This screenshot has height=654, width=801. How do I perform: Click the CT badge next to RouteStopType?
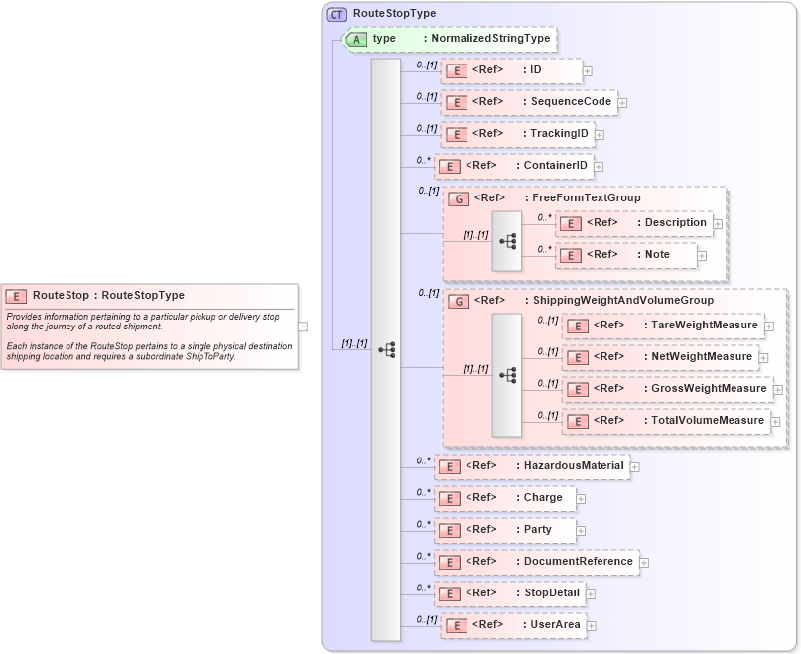click(x=337, y=14)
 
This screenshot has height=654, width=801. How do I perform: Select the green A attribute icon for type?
click(x=356, y=39)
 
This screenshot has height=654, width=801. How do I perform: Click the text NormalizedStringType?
click(x=490, y=39)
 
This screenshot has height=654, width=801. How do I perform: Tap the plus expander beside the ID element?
click(x=588, y=71)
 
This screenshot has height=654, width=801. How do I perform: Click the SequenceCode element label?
click(x=571, y=102)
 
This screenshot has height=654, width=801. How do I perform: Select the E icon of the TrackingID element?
click(x=456, y=134)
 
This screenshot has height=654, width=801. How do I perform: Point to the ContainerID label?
click(x=556, y=166)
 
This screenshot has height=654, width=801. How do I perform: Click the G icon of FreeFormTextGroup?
click(x=459, y=198)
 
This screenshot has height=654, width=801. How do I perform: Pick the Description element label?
click(x=675, y=223)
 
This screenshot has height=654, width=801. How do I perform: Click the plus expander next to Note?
click(x=702, y=256)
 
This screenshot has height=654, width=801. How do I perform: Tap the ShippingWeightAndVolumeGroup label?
click(x=622, y=301)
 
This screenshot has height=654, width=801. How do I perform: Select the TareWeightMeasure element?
click(x=705, y=326)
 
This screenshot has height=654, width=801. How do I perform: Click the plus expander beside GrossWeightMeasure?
click(x=777, y=390)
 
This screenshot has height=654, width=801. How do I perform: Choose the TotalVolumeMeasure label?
click(x=708, y=421)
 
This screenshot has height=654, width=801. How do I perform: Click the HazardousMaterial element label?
click(x=574, y=466)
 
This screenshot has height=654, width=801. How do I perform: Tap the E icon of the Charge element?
click(x=450, y=498)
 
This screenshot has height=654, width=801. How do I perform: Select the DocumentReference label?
click(x=578, y=562)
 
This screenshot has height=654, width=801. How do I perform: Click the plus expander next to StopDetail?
click(x=591, y=594)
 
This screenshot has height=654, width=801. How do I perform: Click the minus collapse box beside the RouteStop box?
click(x=303, y=326)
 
